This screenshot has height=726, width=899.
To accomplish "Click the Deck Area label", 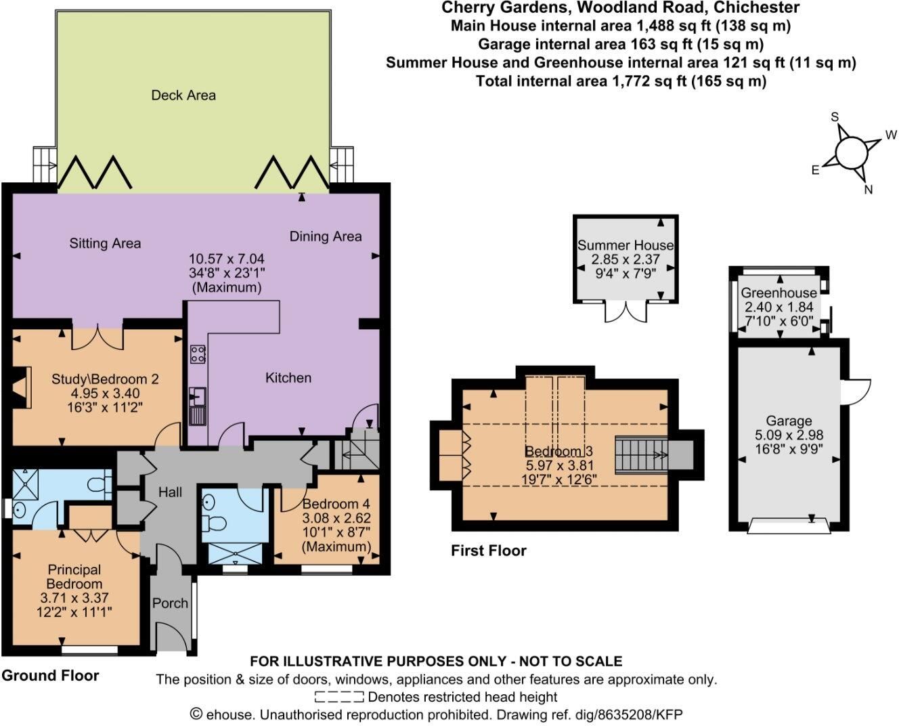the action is (x=183, y=95).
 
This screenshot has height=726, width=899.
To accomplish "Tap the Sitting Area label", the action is (x=105, y=244).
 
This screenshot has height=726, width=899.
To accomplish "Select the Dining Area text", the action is (x=326, y=236).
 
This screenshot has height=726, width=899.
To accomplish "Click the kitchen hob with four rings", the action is (x=198, y=354).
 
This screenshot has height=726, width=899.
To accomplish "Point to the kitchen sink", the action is (x=198, y=396).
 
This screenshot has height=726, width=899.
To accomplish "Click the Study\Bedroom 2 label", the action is (x=105, y=379).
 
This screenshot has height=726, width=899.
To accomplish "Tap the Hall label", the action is (x=170, y=492).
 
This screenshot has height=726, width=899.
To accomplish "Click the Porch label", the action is (x=170, y=603).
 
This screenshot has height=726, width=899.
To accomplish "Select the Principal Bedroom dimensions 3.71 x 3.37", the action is (x=74, y=598).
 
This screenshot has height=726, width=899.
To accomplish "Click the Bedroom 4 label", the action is (x=336, y=504).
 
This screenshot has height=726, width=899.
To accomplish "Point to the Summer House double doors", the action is (x=626, y=312).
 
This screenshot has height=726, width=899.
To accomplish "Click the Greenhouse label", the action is (x=779, y=293).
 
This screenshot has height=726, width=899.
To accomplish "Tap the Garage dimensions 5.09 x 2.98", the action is (x=789, y=435).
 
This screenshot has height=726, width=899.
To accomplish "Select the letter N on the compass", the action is (x=868, y=190).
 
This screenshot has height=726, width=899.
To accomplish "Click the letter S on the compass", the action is (x=835, y=117).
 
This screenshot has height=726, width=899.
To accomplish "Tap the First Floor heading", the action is (x=489, y=551).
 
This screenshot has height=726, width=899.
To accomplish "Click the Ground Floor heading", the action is (x=50, y=676).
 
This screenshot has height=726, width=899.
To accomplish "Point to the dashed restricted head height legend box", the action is (x=339, y=696).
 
